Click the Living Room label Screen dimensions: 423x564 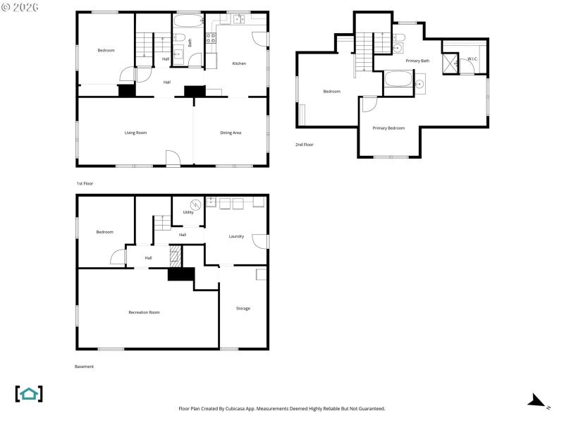135,133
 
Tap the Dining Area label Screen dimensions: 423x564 231,133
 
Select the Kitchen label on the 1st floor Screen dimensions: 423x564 239,63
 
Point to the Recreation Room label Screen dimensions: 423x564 144,312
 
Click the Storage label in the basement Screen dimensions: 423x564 243,308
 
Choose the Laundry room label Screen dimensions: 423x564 236,236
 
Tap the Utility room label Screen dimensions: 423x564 188,211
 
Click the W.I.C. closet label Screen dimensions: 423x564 472,59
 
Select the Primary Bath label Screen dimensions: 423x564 417,61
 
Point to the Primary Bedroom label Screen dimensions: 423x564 388,128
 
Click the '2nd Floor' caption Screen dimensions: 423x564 305,145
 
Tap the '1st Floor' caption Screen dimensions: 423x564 85,183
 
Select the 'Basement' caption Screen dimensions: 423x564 84,367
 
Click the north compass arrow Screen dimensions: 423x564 537,402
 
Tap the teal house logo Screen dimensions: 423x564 29,393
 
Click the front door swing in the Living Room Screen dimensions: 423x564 173,158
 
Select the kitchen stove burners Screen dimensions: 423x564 211,37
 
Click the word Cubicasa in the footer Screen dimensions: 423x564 286,409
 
